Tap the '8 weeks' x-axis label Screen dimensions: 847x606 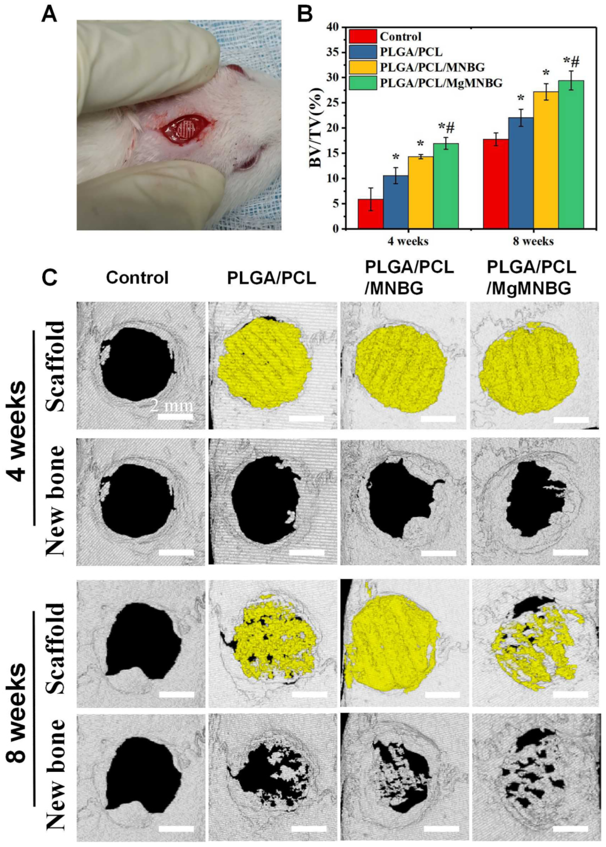(533, 241)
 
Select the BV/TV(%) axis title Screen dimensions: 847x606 (316, 128)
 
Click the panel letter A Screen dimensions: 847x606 (50, 16)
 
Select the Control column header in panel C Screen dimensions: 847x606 (137, 278)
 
